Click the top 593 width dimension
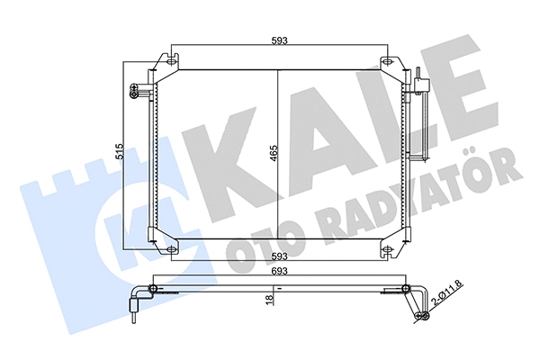[277, 39]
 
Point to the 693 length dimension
[276, 269]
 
